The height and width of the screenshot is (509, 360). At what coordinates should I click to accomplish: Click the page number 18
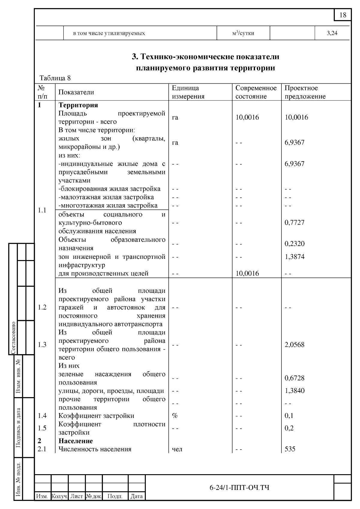pyautogui.click(x=343, y=15)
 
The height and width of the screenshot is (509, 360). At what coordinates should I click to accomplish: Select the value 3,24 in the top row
pyautogui.click(x=332, y=33)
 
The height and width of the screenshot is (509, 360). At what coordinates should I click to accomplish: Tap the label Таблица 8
pyautogui.click(x=55, y=78)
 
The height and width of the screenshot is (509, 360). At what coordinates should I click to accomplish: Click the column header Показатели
pyautogui.click(x=76, y=92)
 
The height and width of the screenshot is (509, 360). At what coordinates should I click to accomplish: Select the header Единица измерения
pyautogui.click(x=188, y=92)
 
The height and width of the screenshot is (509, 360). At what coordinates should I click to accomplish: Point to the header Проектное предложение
pyautogui.click(x=305, y=92)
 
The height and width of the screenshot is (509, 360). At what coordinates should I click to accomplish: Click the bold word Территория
pyautogui.click(x=78, y=105)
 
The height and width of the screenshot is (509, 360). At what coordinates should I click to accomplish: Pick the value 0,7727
pyautogui.click(x=294, y=223)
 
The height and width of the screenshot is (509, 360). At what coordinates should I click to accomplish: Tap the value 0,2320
pyautogui.click(x=294, y=244)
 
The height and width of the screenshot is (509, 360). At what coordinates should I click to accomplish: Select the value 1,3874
pyautogui.click(x=294, y=257)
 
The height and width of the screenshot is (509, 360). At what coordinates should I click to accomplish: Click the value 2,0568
pyautogui.click(x=294, y=345)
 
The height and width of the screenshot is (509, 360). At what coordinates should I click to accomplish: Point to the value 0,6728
pyautogui.click(x=294, y=378)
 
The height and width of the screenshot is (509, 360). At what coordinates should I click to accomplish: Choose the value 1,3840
pyautogui.click(x=294, y=391)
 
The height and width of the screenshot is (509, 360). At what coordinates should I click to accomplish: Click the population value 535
pyautogui.click(x=290, y=449)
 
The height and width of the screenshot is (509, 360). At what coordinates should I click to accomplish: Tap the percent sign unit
pyautogui.click(x=175, y=416)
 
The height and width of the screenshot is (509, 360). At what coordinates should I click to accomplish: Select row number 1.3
pyautogui.click(x=42, y=345)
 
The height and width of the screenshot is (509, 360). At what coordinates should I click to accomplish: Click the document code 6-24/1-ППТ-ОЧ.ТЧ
pyautogui.click(x=239, y=488)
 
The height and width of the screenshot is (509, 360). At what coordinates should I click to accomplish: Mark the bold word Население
pyautogui.click(x=76, y=441)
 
